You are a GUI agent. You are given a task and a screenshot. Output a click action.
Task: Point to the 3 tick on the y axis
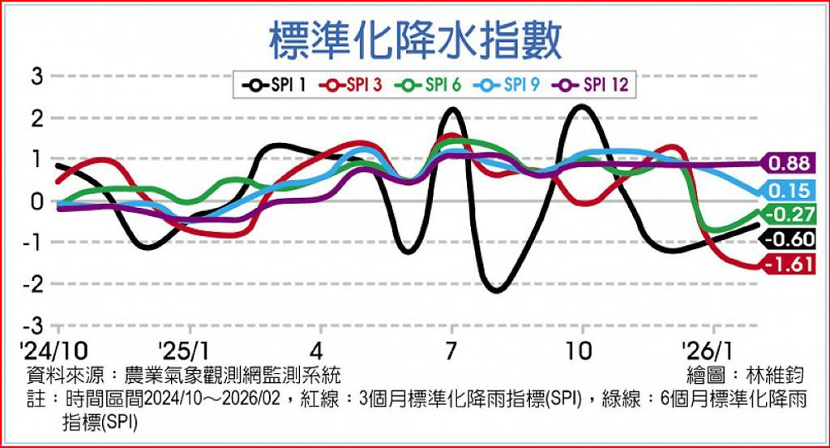pyautogui.click(x=36, y=77)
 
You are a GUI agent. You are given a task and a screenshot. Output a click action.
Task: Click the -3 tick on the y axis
pyautogui.click(x=32, y=325)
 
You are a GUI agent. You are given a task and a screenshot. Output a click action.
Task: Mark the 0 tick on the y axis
pyautogui.click(x=36, y=201)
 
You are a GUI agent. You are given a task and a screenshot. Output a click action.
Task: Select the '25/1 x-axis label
pyautogui.click(x=189, y=351)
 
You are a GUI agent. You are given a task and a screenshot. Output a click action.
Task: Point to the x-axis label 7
pyautogui.click(x=451, y=351)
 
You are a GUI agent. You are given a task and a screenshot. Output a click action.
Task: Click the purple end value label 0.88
pyautogui.click(x=790, y=163)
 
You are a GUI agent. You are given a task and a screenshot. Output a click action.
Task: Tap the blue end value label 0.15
pyautogui.click(x=790, y=192)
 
